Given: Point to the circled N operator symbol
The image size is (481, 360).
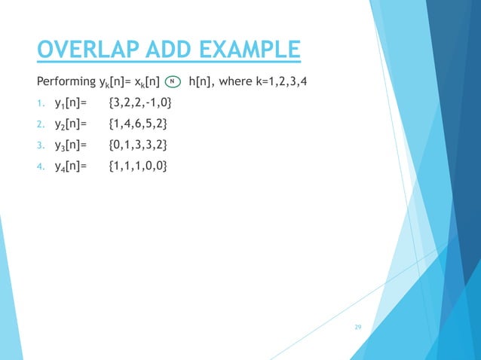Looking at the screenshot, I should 172,81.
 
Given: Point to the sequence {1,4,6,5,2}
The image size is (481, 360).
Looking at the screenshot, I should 139,123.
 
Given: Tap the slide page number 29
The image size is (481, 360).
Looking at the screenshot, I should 358,327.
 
